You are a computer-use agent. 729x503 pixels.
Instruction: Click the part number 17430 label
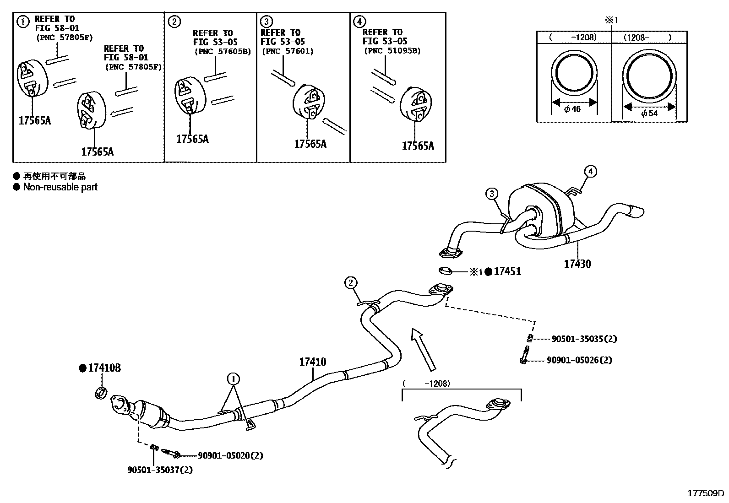point(577,264)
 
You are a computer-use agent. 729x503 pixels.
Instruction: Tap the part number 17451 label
point(507,271)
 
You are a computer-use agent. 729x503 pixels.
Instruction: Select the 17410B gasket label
point(104,368)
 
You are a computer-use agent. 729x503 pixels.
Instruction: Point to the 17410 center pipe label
point(313,362)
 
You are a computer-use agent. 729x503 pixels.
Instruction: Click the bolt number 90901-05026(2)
point(579,360)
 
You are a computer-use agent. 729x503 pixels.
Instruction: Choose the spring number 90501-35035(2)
point(584,339)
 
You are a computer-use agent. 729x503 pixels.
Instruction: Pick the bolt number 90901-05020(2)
point(230,455)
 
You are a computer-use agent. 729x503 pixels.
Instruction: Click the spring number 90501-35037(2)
point(160,470)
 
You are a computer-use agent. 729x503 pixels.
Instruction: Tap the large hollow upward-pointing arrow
point(423,348)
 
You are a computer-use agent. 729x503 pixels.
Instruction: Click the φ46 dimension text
point(572,109)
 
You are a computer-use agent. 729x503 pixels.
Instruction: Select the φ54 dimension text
point(649,113)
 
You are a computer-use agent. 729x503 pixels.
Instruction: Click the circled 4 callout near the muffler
point(591,172)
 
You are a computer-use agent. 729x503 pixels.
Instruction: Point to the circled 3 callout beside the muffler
point(492,194)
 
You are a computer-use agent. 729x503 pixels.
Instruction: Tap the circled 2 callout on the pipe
point(351,283)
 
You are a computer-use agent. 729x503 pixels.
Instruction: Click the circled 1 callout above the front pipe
point(234,379)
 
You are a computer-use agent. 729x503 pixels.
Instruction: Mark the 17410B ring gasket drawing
point(101,392)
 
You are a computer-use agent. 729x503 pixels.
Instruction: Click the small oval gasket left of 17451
point(444,271)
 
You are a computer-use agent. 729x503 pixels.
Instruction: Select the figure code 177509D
point(706,493)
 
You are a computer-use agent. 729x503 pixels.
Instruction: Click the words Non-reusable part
point(60,187)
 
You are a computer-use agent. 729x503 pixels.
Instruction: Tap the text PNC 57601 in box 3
point(288,51)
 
